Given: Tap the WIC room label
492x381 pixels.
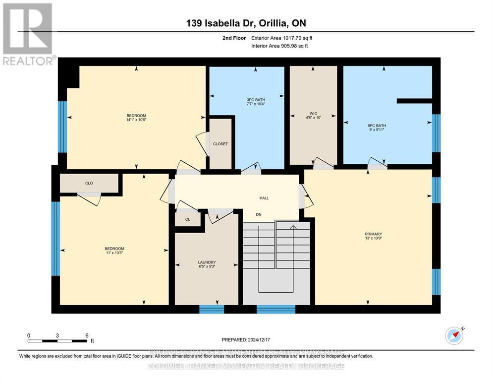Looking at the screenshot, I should (313, 113).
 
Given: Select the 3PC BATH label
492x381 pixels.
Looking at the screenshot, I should (246, 99).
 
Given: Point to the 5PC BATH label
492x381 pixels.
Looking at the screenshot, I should (377, 126).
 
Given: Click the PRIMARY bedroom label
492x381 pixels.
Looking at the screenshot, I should (374, 234).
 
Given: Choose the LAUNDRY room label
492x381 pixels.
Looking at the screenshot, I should (207, 262).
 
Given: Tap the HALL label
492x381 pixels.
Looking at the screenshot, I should (264, 198).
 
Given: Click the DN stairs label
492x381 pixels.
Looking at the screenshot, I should (259, 214).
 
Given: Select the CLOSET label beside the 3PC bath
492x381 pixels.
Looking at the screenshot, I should (220, 144).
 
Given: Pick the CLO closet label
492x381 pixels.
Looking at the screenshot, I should (89, 183).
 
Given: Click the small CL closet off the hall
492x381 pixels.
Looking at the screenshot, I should (187, 219).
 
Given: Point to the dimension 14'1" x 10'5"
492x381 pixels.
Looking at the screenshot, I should (136, 120).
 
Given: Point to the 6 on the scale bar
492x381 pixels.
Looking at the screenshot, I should (87, 335).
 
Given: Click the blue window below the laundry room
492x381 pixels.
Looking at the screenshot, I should (212, 309).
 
